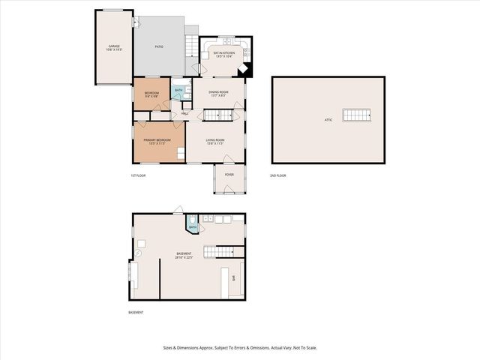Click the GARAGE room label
(114, 48)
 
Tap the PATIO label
(159, 47)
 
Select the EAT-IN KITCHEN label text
(223, 54)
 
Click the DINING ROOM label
(217, 93)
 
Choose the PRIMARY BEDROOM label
(157, 141)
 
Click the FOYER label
(229, 175)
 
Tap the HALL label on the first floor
(184, 114)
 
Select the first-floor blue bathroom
(178, 93)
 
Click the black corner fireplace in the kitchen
(245, 69)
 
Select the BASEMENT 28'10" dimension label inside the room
(184, 255)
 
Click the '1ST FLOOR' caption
(137, 175)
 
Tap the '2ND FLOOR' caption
(278, 175)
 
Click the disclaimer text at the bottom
(240, 347)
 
